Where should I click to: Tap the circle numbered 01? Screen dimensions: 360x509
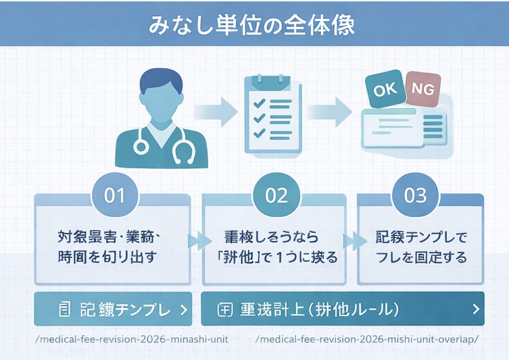[115, 196]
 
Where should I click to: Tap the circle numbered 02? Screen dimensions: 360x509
[276, 196]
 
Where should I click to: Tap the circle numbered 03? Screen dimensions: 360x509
[415, 196]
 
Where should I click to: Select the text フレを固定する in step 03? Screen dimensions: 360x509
[420, 257]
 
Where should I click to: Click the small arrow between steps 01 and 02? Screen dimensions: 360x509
[197, 241]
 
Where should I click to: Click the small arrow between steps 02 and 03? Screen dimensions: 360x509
[351, 241]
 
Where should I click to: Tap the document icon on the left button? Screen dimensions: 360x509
[66, 309]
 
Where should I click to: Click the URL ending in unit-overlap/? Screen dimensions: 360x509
[368, 338]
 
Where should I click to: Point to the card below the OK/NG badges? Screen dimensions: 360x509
[404, 128]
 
